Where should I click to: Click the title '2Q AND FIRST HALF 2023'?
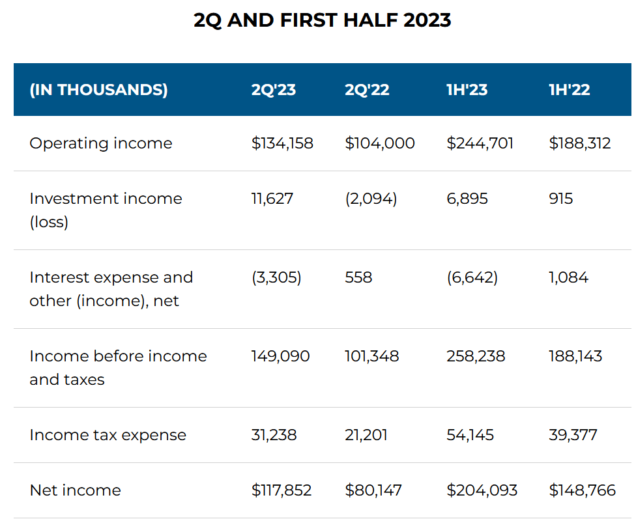pyautogui.click(x=322, y=20)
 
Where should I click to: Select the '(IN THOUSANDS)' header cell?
pyautogui.click(x=98, y=90)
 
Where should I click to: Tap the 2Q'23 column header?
pyautogui.click(x=273, y=90)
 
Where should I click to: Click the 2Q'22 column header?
pyautogui.click(x=367, y=90)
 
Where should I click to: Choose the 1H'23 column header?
pyautogui.click(x=467, y=90)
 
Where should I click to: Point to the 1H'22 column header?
pyautogui.click(x=569, y=90)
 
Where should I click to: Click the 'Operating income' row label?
pyautogui.click(x=101, y=143)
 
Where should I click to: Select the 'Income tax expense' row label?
pyautogui.click(x=108, y=435)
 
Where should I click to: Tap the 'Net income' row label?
pyautogui.click(x=75, y=490)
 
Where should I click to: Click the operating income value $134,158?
pyautogui.click(x=282, y=143)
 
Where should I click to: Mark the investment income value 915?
pyautogui.click(x=560, y=199)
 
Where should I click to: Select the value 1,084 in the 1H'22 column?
pyautogui.click(x=568, y=277)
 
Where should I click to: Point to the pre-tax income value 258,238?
pyautogui.click(x=476, y=356)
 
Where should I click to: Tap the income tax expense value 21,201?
pyautogui.click(x=366, y=435)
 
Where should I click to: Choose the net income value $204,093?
pyautogui.click(x=482, y=490)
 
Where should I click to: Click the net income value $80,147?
pyautogui.click(x=373, y=490)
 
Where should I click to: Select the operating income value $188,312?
pyautogui.click(x=579, y=143)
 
